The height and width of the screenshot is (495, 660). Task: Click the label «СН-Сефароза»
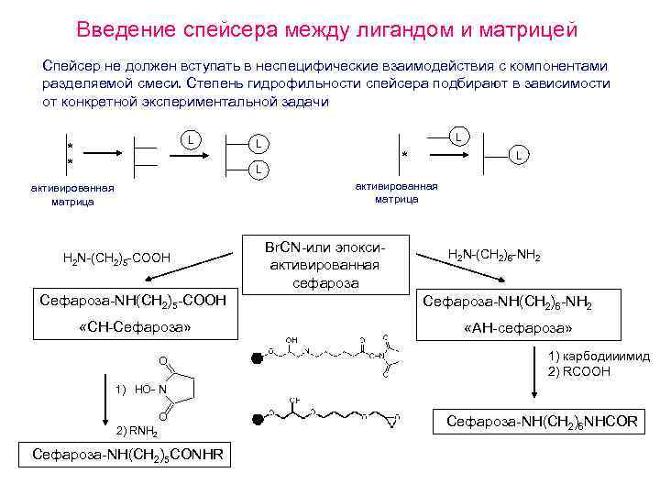click(x=135, y=326)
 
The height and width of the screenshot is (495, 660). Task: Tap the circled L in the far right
click(x=519, y=156)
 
